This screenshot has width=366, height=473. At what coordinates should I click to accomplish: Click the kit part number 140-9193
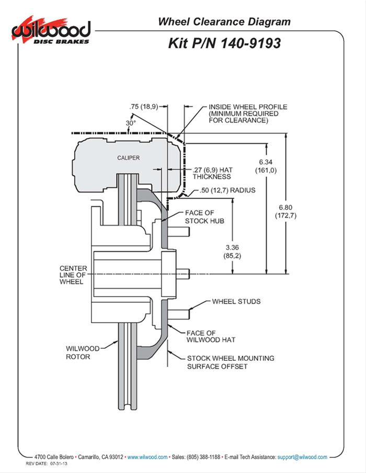click(x=224, y=43)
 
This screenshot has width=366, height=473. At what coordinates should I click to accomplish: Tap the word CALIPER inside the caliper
click(x=128, y=158)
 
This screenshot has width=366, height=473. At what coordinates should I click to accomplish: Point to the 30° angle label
click(x=131, y=123)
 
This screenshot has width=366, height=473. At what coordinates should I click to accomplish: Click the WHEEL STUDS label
click(x=236, y=302)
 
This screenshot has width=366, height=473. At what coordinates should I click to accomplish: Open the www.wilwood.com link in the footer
click(x=147, y=457)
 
